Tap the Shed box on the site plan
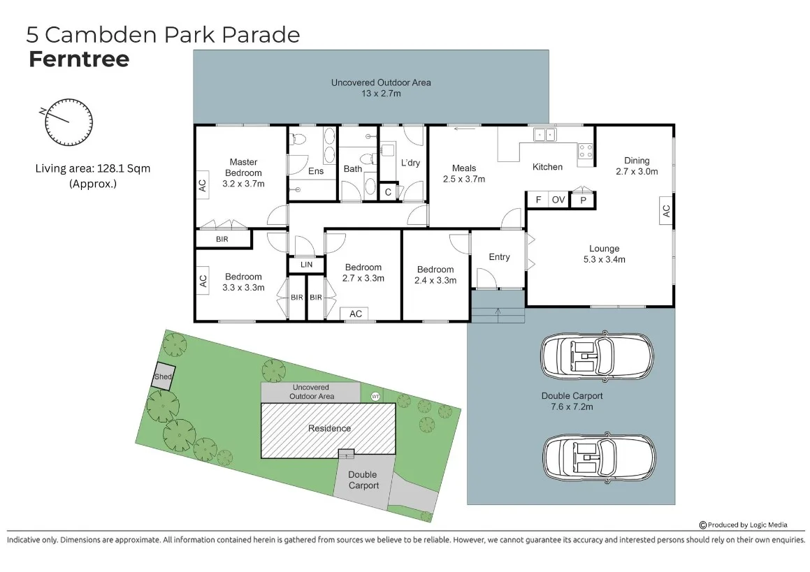(163, 376)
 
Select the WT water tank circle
(375, 397)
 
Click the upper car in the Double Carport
(598, 355)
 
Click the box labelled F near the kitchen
(538, 200)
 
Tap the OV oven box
(558, 200)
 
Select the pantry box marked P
(581, 200)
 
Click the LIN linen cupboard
(306, 265)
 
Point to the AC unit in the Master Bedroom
(203, 186)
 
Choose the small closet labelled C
(388, 192)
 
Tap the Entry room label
(499, 257)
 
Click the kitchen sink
(544, 134)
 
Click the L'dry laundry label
(410, 163)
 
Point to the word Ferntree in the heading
(79, 59)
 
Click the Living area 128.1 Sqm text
(93, 168)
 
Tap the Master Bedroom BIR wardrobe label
(222, 240)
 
